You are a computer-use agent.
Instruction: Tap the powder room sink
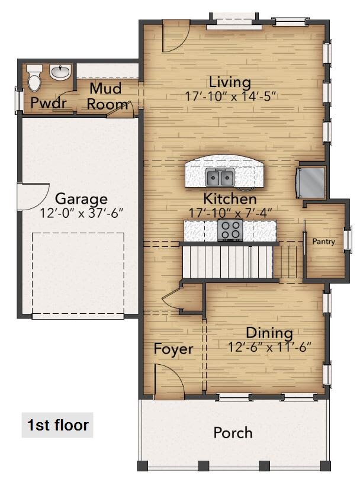tap(59, 73)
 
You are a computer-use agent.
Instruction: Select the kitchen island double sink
tap(219, 176)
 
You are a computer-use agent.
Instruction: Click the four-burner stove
tap(230, 230)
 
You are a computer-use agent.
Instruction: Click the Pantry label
tap(324, 242)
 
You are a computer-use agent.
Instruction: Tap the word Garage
tap(81, 199)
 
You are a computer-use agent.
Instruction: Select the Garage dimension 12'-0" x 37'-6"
tap(81, 212)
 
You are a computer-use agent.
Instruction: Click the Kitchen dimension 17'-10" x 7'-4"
tap(230, 211)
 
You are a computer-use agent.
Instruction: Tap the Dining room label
tap(269, 332)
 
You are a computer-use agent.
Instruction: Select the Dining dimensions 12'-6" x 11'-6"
tap(269, 346)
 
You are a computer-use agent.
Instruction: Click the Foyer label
tap(173, 349)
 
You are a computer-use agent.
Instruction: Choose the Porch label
tap(233, 433)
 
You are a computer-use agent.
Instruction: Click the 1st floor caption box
tap(57, 425)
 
